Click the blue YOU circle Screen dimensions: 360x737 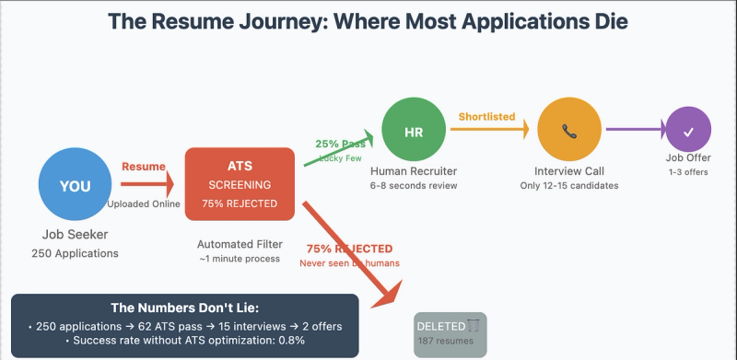76,185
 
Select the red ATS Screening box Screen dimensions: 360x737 240,184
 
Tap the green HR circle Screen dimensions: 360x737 413,132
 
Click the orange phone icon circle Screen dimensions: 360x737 570,132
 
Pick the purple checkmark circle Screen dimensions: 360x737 688,132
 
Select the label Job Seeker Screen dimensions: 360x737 75,235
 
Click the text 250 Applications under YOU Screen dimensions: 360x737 75,253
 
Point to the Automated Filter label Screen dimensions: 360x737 239,245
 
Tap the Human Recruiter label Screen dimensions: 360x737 413,171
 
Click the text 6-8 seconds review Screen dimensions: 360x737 413,187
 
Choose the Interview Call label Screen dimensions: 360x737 570,171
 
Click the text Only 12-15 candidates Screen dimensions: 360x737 570,187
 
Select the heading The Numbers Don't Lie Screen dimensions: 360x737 184,308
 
